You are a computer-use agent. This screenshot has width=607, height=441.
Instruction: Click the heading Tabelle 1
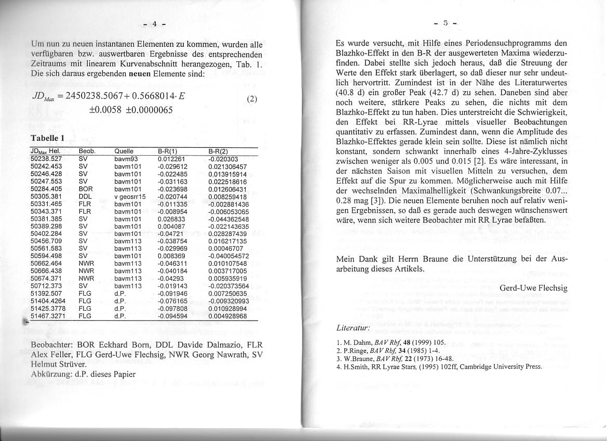(x=48, y=139)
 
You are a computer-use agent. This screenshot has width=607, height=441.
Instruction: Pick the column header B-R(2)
(x=218, y=151)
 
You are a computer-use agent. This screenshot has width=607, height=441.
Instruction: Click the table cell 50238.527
(x=46, y=159)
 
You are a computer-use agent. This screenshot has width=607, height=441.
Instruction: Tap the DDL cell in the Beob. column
(x=85, y=197)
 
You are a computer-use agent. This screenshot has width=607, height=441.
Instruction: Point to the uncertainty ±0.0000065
(x=150, y=111)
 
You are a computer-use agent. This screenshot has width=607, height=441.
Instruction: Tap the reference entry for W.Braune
(x=395, y=359)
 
